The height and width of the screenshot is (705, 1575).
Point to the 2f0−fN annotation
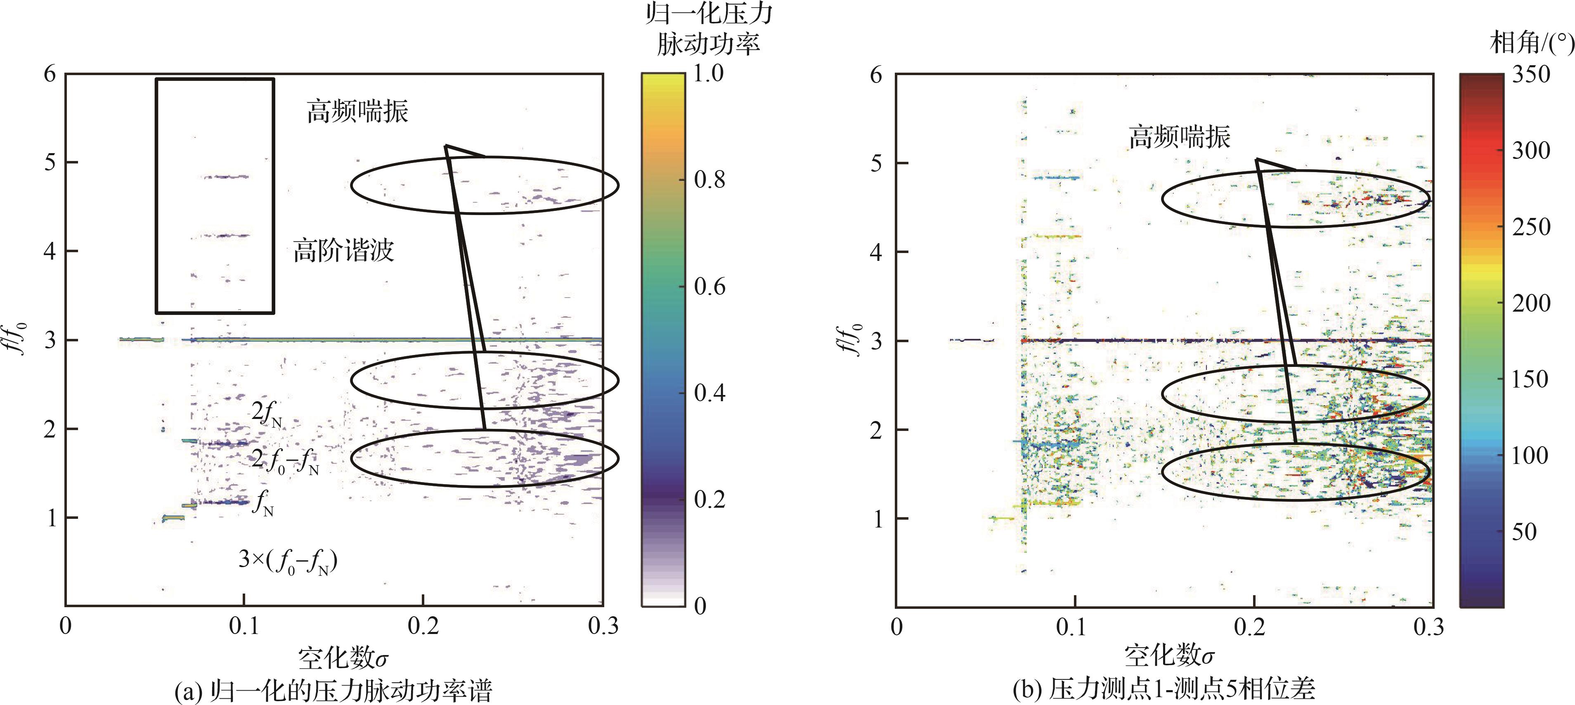click(x=285, y=461)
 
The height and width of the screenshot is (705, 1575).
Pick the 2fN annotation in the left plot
click(x=267, y=414)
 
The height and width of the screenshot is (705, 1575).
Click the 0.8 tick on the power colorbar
click(x=709, y=180)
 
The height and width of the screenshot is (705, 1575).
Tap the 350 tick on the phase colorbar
click(x=1531, y=75)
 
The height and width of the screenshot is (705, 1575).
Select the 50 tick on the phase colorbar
click(x=1524, y=531)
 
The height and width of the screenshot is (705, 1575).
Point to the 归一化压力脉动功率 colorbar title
click(x=709, y=29)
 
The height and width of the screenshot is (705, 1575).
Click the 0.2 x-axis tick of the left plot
click(x=423, y=626)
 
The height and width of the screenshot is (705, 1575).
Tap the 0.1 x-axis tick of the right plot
click(x=1074, y=627)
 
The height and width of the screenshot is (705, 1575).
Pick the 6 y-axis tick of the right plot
click(x=876, y=75)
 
